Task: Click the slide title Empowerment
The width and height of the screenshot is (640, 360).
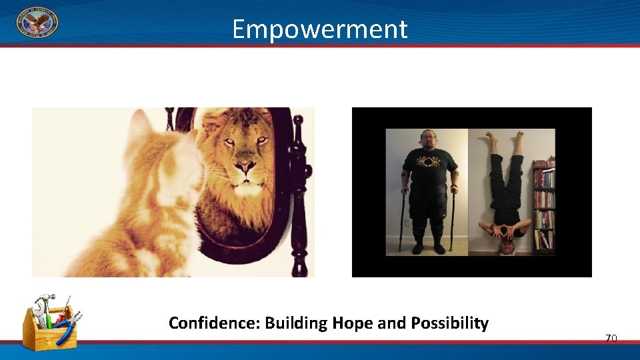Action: pos(319,29)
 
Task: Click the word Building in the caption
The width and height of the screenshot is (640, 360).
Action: pos(296,324)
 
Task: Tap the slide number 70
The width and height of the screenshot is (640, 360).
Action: pos(611,339)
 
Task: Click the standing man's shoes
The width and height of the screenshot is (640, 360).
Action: pos(427,248)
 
